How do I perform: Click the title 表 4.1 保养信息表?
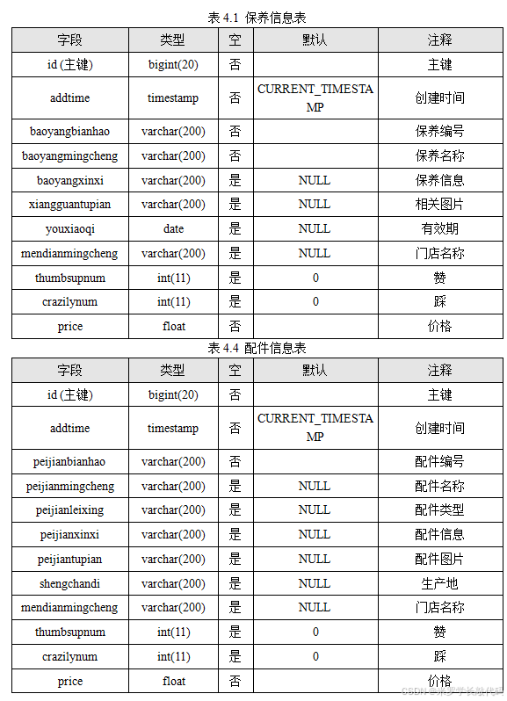[x=257, y=18]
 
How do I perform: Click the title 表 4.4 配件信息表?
[x=257, y=349]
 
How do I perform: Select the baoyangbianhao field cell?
[x=70, y=132]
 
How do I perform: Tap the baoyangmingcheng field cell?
[x=70, y=156]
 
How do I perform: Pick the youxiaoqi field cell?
[x=70, y=229]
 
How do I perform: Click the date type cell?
[x=174, y=229]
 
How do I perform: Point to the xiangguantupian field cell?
[x=70, y=205]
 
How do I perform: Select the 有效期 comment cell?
[x=439, y=229]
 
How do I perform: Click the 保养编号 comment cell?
[x=439, y=132]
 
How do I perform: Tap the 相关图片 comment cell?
[x=439, y=205]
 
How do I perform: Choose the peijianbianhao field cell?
[x=70, y=462]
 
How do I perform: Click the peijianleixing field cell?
[x=70, y=510]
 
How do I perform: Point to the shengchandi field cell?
[x=70, y=583]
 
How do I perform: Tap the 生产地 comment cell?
[x=439, y=583]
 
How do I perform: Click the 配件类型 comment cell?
[x=439, y=510]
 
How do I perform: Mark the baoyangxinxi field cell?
[x=70, y=181]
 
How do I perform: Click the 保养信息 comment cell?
[x=439, y=181]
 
